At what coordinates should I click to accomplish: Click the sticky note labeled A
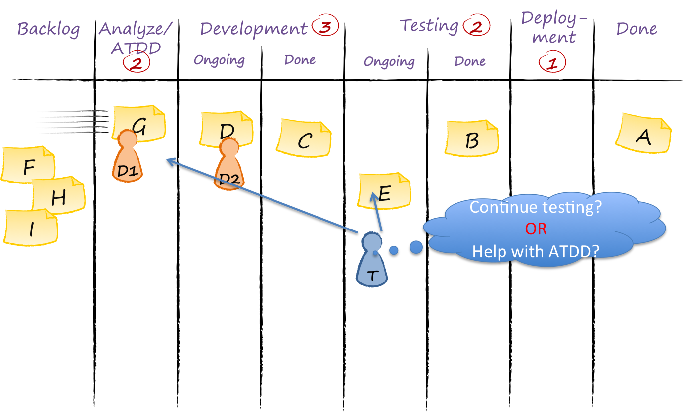point(643,135)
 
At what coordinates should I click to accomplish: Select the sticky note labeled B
point(472,139)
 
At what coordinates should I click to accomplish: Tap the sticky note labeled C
point(304,139)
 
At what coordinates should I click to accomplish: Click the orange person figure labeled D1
point(127,158)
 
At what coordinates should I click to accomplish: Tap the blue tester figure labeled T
point(371,261)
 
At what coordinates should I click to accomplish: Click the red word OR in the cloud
point(536,229)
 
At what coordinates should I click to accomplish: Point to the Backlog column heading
point(48,29)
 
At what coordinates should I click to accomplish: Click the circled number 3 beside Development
point(325,27)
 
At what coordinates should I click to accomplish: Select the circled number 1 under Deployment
point(552,63)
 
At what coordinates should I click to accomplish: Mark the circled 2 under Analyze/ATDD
point(136,64)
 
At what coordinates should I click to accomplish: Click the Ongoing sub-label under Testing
point(389,62)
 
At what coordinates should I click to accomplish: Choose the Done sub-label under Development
point(300,60)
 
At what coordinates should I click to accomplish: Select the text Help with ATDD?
point(536,251)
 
